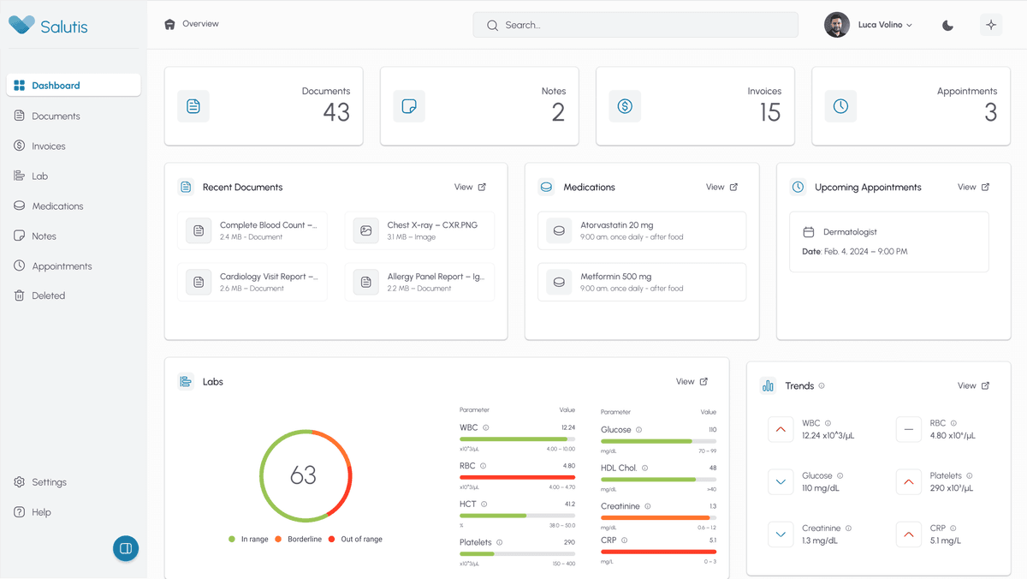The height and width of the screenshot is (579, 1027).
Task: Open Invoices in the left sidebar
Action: [48, 146]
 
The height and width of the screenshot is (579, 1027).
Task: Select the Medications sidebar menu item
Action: [57, 206]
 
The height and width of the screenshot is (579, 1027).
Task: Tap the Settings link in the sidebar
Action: [49, 482]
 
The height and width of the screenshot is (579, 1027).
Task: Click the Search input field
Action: [635, 25]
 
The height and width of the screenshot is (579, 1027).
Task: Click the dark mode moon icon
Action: [947, 25]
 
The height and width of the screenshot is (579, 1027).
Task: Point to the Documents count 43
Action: [335, 112]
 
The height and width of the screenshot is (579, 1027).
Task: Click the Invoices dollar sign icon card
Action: [625, 106]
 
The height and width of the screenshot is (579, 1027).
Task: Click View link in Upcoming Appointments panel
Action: [973, 187]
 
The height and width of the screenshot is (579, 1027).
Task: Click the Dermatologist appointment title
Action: [849, 232]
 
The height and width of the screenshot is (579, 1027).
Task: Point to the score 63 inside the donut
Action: [303, 475]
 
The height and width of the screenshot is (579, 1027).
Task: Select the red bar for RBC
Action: [517, 477]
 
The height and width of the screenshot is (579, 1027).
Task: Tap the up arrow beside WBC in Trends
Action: [780, 429]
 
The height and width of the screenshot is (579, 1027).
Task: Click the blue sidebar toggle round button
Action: [126, 548]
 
